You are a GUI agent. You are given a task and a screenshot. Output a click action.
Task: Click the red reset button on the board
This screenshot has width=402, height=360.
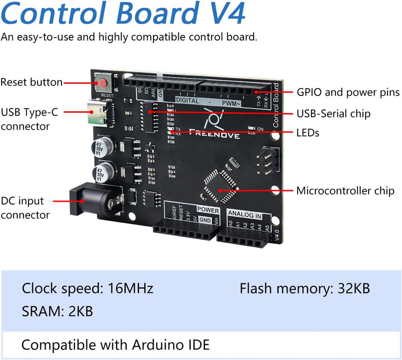(104, 84)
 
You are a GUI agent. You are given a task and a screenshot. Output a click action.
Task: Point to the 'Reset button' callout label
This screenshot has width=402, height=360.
(31, 82)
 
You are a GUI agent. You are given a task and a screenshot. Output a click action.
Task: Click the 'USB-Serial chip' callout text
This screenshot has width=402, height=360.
(333, 114)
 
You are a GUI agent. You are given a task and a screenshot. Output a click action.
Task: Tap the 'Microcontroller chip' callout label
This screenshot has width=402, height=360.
(345, 191)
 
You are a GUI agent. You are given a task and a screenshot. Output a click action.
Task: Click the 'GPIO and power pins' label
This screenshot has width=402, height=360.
(347, 92)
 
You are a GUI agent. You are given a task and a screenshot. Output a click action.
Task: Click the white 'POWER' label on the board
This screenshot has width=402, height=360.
(208, 210)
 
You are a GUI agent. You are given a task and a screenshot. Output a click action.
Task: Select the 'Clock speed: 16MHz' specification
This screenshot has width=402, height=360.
(87, 289)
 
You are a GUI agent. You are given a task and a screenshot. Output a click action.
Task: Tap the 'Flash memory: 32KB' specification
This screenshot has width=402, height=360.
(304, 289)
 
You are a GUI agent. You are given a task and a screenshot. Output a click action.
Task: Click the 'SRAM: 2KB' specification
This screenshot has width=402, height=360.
(57, 311)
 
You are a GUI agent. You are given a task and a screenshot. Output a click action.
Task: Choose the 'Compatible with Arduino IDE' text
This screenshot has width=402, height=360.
(115, 345)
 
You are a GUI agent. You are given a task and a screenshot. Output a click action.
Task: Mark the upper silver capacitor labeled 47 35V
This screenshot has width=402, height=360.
(100, 148)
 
